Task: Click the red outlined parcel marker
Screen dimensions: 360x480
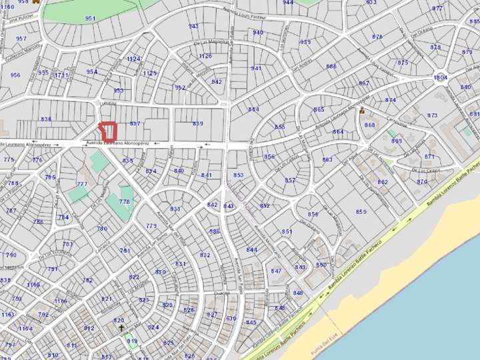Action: tap(107, 130)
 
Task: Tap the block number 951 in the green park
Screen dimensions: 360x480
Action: tap(90, 18)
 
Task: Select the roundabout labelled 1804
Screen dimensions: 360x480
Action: tap(440, 77)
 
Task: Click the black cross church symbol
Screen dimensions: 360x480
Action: tap(121, 328)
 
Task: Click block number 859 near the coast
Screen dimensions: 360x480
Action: tap(361, 212)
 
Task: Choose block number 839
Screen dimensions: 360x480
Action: tap(198, 123)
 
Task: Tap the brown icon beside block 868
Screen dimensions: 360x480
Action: tap(362, 110)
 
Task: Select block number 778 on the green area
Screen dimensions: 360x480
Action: tap(124, 201)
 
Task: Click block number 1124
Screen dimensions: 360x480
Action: tap(133, 59)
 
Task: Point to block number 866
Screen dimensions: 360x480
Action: tap(331, 67)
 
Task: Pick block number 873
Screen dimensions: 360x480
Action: tap(433, 115)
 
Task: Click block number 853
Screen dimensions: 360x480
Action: tap(239, 175)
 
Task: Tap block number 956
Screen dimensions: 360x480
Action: tap(15, 75)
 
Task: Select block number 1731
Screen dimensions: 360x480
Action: tap(61, 75)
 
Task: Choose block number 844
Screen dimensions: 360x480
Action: tap(251, 249)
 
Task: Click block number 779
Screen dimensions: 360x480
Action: tap(151, 226)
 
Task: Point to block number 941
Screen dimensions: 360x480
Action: tap(256, 68)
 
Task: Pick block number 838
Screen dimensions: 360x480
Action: tap(45, 119)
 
